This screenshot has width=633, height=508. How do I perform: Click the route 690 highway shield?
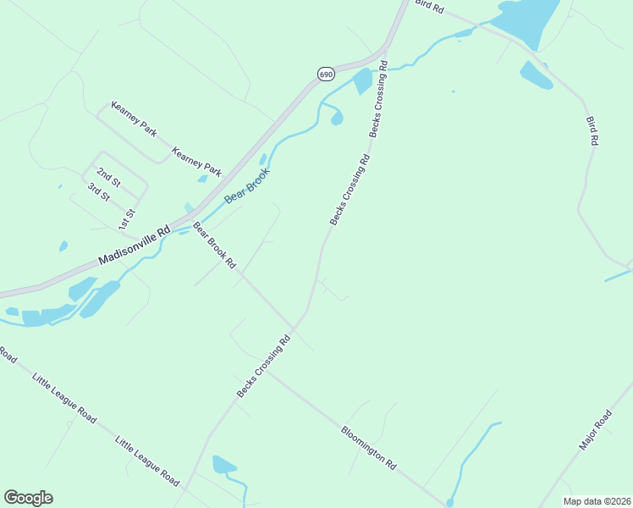(326, 75)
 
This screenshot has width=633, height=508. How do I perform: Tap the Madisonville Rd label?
(135, 246)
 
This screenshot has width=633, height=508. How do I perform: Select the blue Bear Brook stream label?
(247, 186)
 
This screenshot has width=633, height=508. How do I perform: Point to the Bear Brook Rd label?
(214, 246)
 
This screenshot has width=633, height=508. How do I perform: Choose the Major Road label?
(596, 430)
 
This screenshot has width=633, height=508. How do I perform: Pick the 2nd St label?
(108, 177)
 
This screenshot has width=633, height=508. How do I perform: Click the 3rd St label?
(97, 191)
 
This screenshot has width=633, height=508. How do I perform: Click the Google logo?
(28, 498)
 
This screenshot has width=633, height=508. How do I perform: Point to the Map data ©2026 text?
(597, 500)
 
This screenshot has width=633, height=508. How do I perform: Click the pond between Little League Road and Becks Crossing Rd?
(223, 464)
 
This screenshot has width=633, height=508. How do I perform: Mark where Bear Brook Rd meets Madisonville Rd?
(187, 222)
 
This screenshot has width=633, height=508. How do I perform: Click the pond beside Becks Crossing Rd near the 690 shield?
(362, 81)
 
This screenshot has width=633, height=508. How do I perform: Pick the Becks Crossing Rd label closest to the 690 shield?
(377, 98)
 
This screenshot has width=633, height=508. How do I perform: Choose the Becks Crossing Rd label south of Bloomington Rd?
(263, 367)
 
